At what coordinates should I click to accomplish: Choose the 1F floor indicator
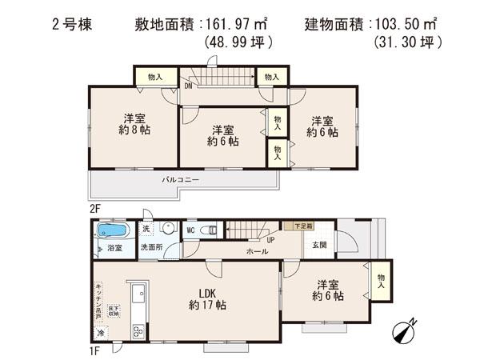[94, 349]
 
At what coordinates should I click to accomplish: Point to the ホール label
[256, 252]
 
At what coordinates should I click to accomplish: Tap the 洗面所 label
[153, 247]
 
